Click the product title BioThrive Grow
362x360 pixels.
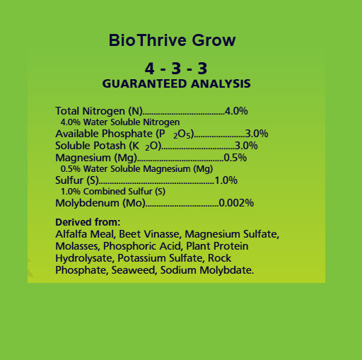[172, 40]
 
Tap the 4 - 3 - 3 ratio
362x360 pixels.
[175, 69]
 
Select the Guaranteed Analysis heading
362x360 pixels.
[176, 83]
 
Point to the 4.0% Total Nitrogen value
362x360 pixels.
[235, 111]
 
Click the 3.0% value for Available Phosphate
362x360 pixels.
[256, 134]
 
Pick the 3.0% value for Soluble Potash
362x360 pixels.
[246, 146]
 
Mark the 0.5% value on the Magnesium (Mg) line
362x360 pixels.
[235, 157]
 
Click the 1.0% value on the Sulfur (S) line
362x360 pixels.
[226, 180]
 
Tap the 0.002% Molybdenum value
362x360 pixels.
[236, 203]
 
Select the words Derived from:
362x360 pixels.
[88, 222]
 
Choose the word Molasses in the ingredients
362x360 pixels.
[77, 246]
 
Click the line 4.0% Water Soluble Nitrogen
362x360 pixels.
[115, 122]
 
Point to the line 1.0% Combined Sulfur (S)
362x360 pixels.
[113, 192]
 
